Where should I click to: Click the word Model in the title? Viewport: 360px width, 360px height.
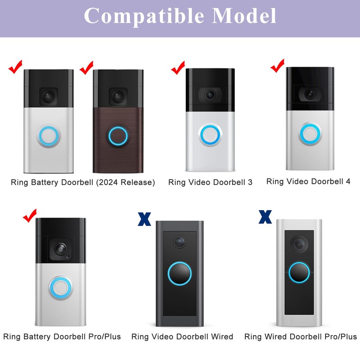(244, 17)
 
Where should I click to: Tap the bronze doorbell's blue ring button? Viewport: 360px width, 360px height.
(118, 136)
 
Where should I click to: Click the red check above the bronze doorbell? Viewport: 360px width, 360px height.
(86, 68)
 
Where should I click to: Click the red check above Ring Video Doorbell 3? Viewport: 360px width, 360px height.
(178, 69)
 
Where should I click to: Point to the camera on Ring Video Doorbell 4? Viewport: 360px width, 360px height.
(309, 94)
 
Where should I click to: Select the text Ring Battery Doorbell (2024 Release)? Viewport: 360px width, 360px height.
(83, 182)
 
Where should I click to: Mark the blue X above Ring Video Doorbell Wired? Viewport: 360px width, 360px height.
(144, 219)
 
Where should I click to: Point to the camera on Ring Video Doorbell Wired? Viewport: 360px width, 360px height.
(180, 242)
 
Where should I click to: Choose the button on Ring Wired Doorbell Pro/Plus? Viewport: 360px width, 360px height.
(299, 273)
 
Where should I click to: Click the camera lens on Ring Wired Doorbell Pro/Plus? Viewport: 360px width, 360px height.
(299, 243)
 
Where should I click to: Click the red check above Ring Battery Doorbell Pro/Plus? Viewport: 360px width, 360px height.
(30, 217)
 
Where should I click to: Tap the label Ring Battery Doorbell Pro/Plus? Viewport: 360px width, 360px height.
(62, 337)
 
